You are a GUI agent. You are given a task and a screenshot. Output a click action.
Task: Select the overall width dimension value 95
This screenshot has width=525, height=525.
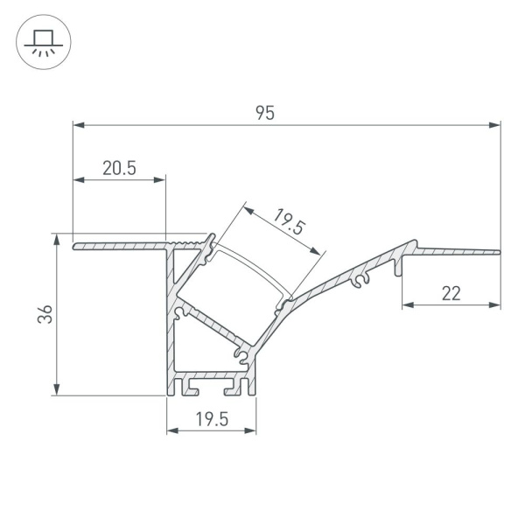[265, 112]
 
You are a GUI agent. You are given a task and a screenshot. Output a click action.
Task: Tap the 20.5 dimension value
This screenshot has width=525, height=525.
[119, 169]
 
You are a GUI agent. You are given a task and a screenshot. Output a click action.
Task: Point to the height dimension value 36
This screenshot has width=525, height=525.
[46, 314]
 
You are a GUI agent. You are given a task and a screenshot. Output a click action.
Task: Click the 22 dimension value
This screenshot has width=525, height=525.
[451, 294]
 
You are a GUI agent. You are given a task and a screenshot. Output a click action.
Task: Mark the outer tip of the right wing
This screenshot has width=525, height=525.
[499, 253]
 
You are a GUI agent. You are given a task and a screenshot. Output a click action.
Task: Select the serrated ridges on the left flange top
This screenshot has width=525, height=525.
[188, 239]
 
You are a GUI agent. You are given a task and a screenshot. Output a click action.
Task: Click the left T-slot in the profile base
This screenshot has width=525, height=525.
[182, 382]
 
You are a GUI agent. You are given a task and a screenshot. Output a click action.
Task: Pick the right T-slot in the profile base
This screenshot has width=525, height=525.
[234, 382]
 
